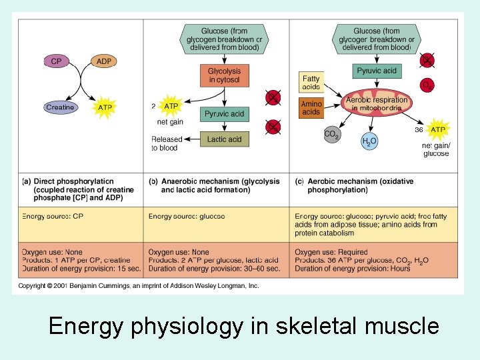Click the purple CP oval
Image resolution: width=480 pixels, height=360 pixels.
(56, 61)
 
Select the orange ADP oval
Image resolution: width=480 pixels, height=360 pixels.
(104, 61)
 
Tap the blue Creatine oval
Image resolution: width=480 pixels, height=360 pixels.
(60, 107)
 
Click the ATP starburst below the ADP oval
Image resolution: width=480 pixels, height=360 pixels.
(105, 107)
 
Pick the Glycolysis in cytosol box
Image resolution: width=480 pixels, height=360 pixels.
(225, 75)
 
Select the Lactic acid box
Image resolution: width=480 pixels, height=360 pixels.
(225, 139)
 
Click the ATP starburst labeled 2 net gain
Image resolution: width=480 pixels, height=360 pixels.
(171, 106)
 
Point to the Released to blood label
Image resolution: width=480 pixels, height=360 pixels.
(166, 143)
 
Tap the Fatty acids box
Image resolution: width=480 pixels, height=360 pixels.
(311, 83)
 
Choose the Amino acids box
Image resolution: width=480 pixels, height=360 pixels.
(311, 108)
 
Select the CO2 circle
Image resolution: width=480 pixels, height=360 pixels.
(331, 134)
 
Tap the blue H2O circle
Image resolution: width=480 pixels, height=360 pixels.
(369, 141)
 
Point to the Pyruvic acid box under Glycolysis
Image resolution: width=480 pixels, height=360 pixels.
(225, 114)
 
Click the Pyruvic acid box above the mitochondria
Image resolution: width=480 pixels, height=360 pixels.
(377, 71)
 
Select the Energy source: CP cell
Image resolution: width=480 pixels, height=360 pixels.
(53, 216)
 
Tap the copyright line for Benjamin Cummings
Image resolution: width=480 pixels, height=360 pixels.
(138, 286)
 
